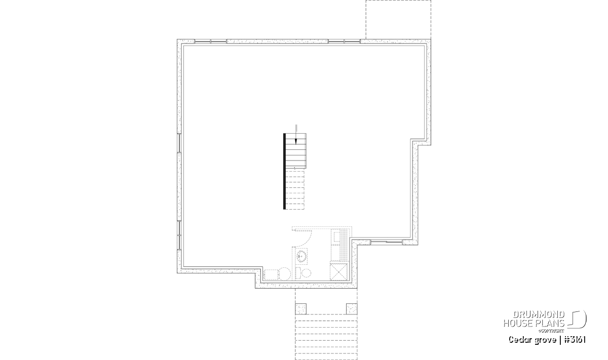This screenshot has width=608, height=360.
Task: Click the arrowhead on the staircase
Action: click(x=296, y=141)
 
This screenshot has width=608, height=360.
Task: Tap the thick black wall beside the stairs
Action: click(x=284, y=171)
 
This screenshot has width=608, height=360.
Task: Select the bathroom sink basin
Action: click(x=301, y=256)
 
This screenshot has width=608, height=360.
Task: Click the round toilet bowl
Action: click(x=307, y=273)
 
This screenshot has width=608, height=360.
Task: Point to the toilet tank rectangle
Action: click(x=298, y=273)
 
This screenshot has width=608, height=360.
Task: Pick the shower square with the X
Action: click(x=338, y=272)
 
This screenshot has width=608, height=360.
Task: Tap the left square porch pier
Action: click(x=300, y=309)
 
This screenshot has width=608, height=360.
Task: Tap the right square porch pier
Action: click(x=352, y=309)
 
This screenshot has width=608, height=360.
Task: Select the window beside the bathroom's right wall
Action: click(x=387, y=242)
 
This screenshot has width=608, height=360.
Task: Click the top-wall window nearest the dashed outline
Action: click(x=344, y=41)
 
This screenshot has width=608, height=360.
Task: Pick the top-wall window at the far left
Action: click(x=211, y=41)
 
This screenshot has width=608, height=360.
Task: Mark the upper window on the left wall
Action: click(x=179, y=143)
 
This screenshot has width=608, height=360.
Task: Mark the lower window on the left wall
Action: click(x=179, y=235)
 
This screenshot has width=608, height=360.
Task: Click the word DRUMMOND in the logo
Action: click(x=539, y=314)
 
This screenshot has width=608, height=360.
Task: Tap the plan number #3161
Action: click(x=575, y=340)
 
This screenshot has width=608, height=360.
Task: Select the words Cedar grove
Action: click(x=533, y=340)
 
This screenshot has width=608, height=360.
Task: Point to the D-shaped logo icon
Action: click(x=577, y=319)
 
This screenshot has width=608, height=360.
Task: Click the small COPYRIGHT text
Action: click(x=551, y=331)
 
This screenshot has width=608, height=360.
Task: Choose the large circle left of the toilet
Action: click(x=284, y=274)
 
